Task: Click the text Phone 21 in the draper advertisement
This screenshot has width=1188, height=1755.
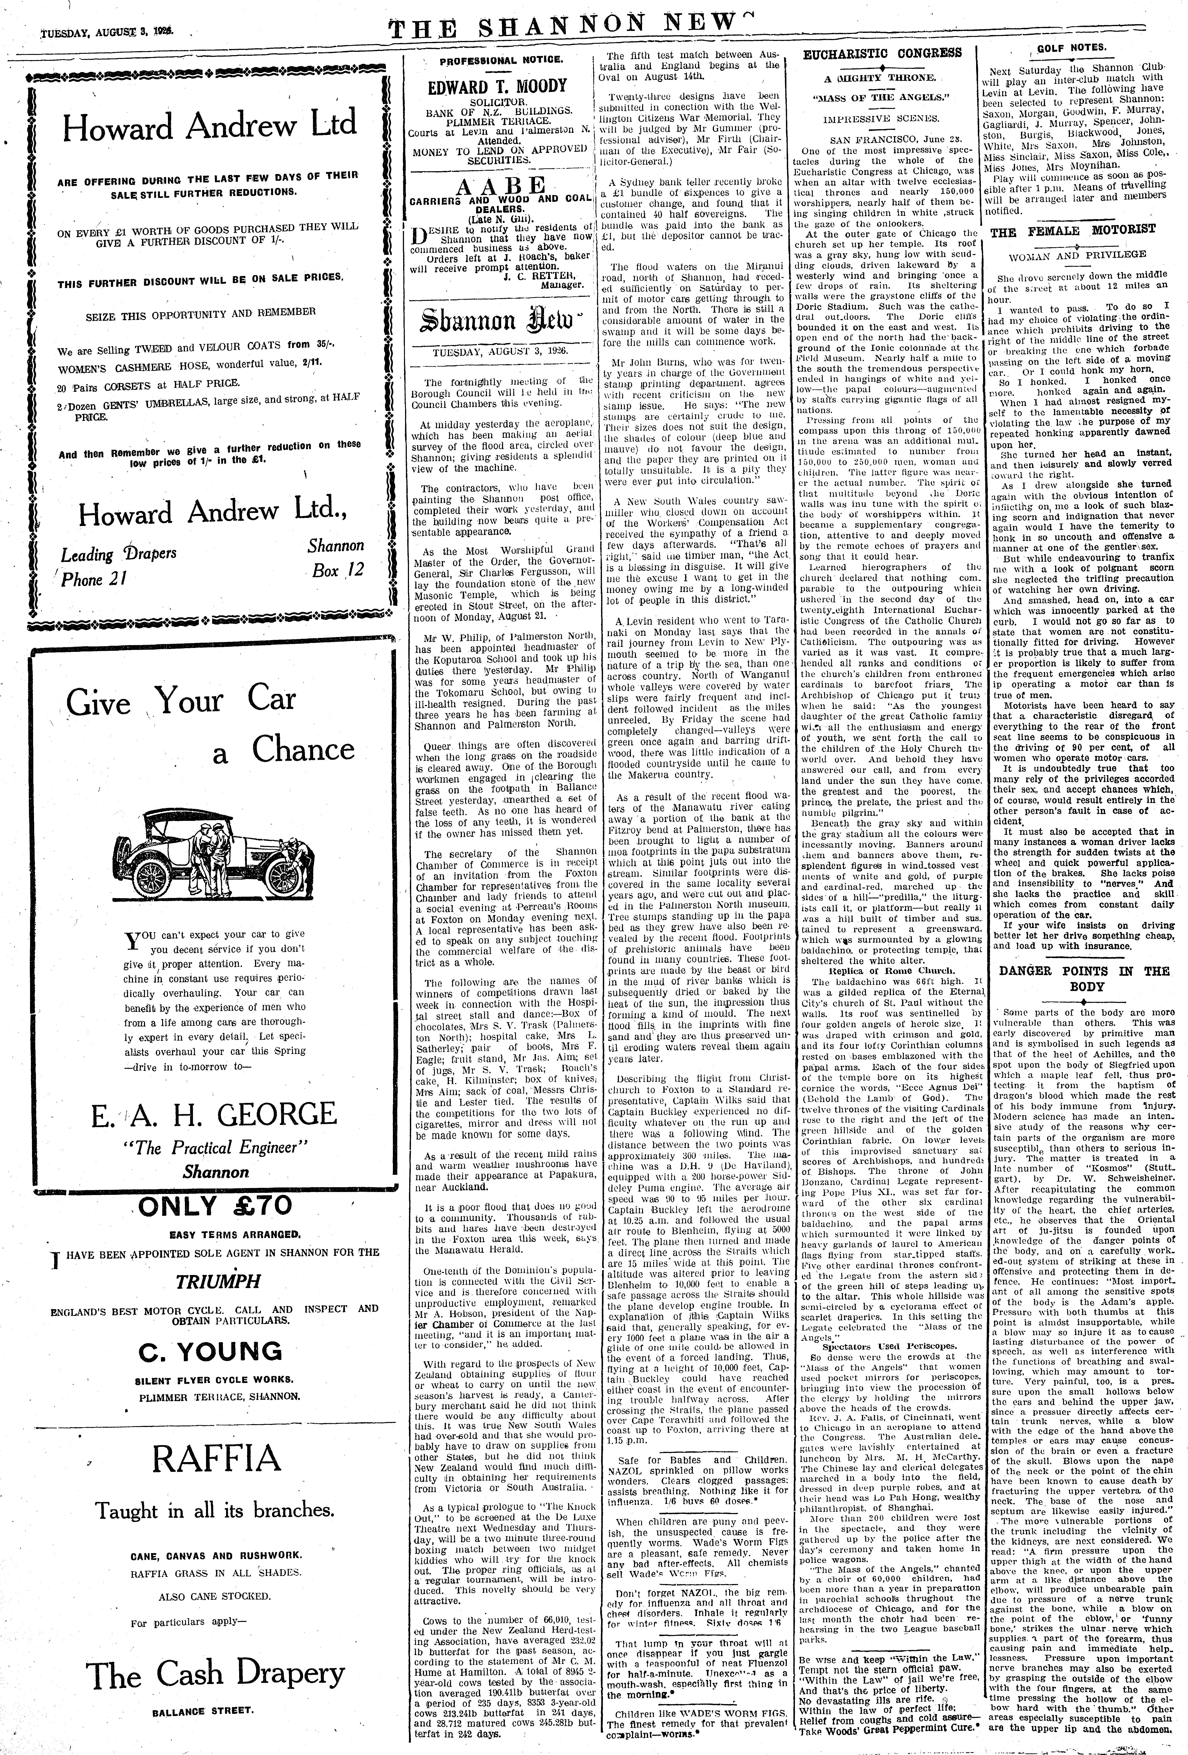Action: pyautogui.click(x=94, y=579)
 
